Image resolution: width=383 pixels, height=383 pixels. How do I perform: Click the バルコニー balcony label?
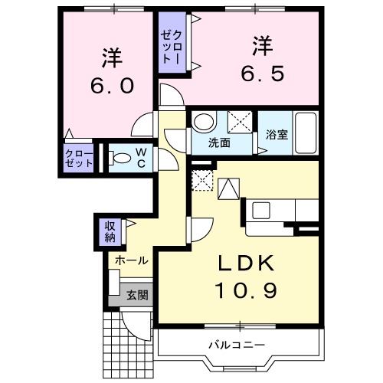pyautogui.click(x=237, y=343)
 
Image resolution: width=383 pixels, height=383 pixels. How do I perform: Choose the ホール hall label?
pyautogui.click(x=131, y=260)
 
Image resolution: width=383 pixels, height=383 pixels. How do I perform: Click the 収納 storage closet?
pyautogui.click(x=111, y=231)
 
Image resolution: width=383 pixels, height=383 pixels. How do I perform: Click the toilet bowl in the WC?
pyautogui.click(x=122, y=159)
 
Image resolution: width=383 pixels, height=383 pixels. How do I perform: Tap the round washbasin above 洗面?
pyautogui.click(x=203, y=123)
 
